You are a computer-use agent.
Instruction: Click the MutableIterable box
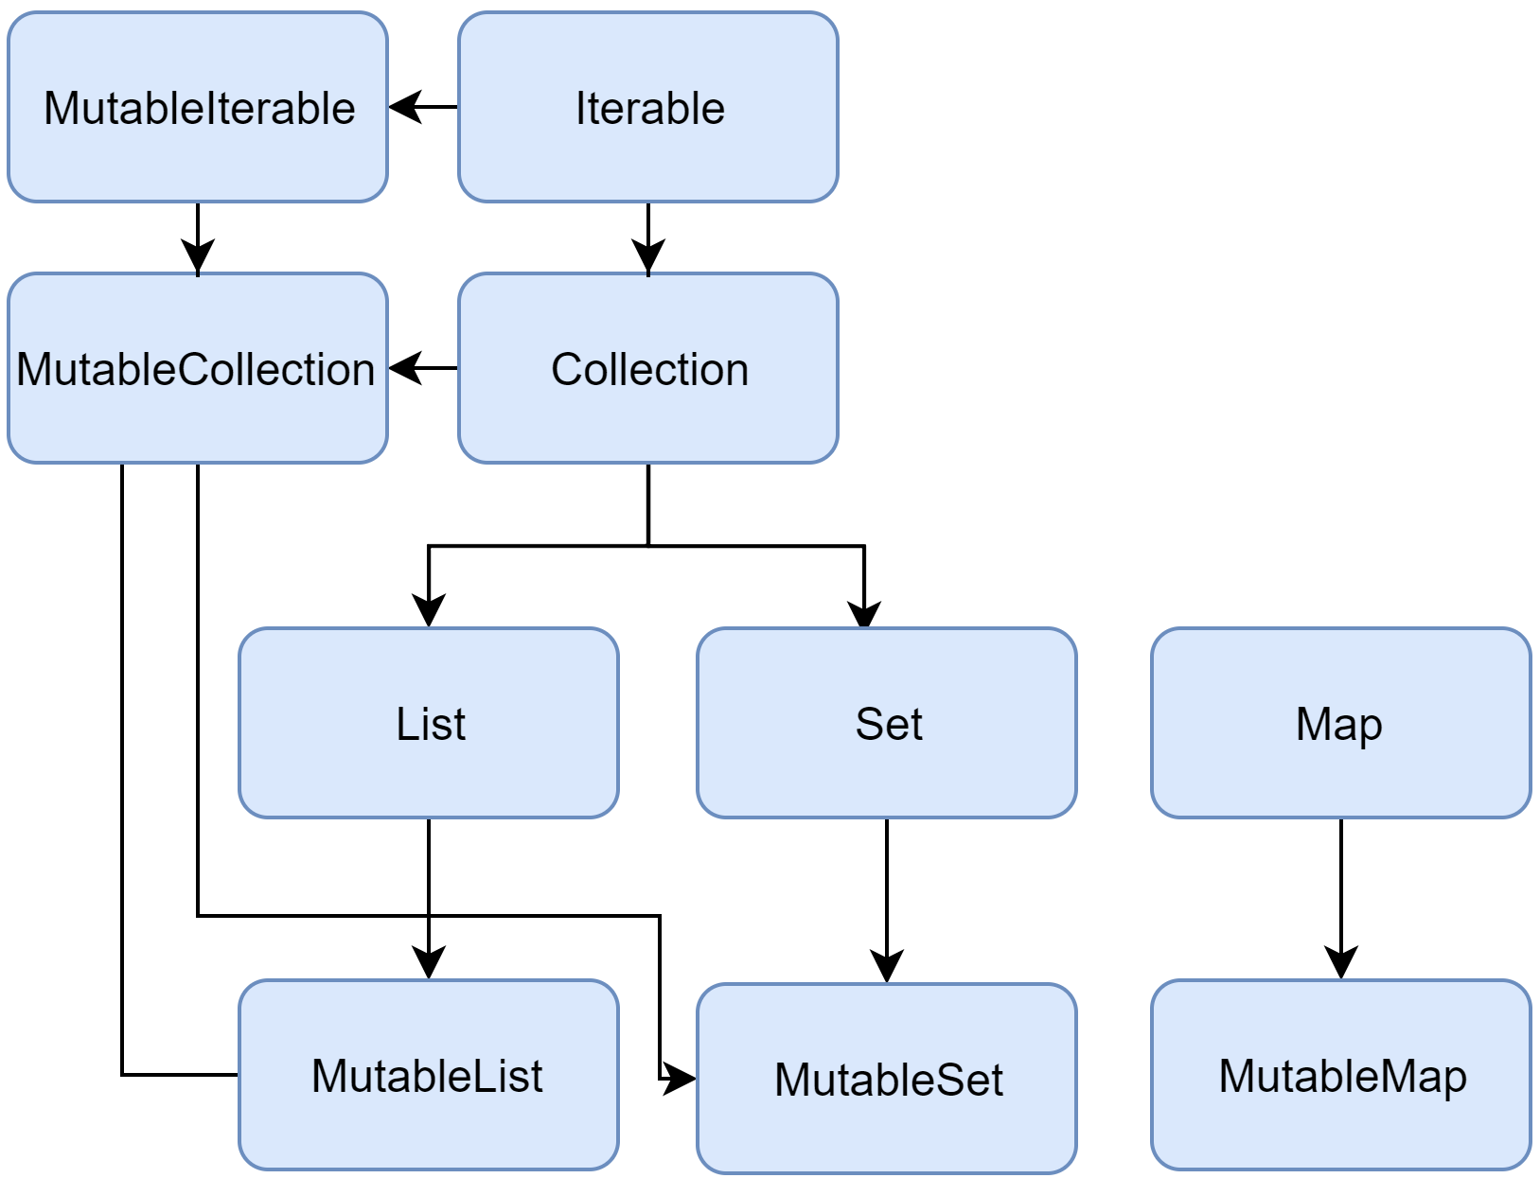(198, 107)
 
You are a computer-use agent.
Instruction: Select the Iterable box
(648, 107)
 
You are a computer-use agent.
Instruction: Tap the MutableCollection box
(198, 368)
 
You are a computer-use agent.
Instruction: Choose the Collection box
(648, 368)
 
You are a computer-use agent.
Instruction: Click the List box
(429, 723)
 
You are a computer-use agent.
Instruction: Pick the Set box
(887, 723)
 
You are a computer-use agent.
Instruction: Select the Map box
(1340, 723)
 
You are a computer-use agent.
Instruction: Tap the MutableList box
(429, 1075)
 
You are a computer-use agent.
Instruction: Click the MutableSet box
(887, 1079)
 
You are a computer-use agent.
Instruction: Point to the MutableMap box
(1340, 1075)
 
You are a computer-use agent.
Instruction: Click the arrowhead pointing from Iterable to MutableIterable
(404, 107)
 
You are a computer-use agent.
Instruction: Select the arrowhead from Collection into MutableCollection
(404, 368)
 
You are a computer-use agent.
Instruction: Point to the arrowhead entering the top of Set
(864, 614)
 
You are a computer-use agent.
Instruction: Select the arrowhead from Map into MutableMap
(1341, 963)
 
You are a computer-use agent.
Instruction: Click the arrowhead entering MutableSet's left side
(680, 1078)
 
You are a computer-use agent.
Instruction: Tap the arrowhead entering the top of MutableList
(429, 963)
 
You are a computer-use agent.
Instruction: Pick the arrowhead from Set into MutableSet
(887, 967)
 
